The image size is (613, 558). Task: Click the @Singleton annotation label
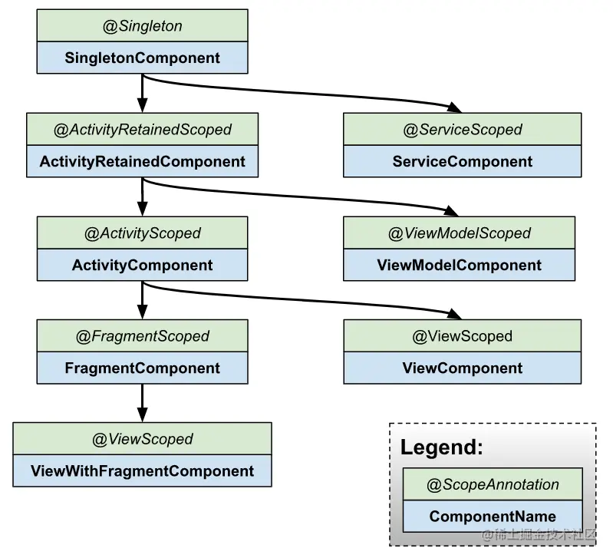pyautogui.click(x=142, y=26)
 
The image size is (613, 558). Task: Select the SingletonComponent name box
pyautogui.click(x=142, y=58)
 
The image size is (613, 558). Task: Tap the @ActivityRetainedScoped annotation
pyautogui.click(x=142, y=130)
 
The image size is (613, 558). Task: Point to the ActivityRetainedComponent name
pyautogui.click(x=142, y=161)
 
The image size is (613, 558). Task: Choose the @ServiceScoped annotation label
pyautogui.click(x=463, y=130)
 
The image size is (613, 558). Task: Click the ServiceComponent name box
pyautogui.click(x=463, y=161)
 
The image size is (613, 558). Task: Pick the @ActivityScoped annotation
pyautogui.click(x=142, y=233)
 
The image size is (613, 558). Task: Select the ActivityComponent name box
pyautogui.click(x=142, y=265)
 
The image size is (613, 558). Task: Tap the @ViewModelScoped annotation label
pyautogui.click(x=460, y=233)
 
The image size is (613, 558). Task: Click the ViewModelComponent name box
pyautogui.click(x=460, y=265)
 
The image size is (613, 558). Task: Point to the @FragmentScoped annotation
pyautogui.click(x=142, y=336)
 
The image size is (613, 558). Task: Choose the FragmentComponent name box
pyautogui.click(x=142, y=368)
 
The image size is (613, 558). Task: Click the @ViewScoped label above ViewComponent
pyautogui.click(x=463, y=336)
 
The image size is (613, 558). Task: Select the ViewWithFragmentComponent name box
pyautogui.click(x=142, y=471)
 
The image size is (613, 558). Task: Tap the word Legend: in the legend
pyautogui.click(x=442, y=447)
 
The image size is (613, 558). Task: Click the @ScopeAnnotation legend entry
pyautogui.click(x=493, y=484)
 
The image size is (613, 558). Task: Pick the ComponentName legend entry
pyautogui.click(x=493, y=516)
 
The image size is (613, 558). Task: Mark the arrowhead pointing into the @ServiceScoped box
pyautogui.click(x=455, y=107)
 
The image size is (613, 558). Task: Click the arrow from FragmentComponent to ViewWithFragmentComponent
pyautogui.click(x=142, y=403)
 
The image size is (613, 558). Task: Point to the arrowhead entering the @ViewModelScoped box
pyautogui.click(x=452, y=211)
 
